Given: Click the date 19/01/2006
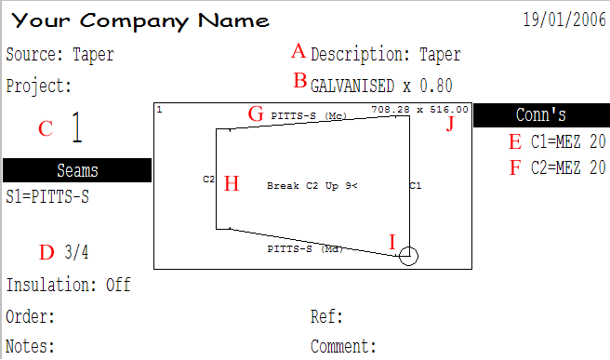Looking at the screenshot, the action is pos(564,20).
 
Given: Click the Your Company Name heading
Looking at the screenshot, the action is pos(140,21).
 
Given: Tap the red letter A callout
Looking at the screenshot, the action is pos(298,51).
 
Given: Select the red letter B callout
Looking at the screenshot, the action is pos(300,81).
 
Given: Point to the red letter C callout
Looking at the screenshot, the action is pos(46,128).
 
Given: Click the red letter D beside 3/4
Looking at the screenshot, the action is pos(46,252).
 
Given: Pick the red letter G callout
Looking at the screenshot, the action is pos(256,114).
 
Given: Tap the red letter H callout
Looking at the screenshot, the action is pos(232,183).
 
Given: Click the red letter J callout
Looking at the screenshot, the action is pos(450,124).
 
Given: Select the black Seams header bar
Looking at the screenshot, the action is pos(77,170).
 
